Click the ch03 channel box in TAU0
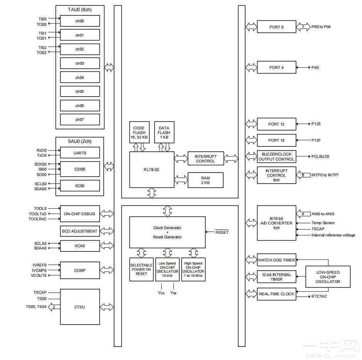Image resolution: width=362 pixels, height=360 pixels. click(80, 63)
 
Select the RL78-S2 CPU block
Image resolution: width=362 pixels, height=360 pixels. click(152, 169)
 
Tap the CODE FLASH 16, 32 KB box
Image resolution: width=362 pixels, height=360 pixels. click(139, 132)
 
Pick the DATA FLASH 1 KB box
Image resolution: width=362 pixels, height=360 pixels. click(164, 132)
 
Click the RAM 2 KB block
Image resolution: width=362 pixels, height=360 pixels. click(205, 180)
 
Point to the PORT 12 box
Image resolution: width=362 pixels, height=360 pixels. click(276, 124)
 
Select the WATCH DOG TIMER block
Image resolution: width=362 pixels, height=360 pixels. click(276, 260)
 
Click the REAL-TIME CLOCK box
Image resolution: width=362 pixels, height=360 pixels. click(276, 294)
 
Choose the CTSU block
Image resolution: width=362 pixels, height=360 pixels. click(80, 307)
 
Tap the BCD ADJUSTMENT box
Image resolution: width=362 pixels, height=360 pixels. click(80, 231)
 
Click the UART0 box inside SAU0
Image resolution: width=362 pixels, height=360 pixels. click(80, 152)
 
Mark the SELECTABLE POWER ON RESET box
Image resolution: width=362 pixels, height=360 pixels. click(141, 269)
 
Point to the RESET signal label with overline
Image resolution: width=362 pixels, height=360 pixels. click(222, 232)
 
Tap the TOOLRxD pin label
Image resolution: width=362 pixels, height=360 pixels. click(37, 219)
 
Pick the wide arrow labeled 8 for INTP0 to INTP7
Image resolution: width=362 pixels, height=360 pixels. click(303, 175)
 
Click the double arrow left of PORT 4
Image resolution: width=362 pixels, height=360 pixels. click(251, 67)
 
